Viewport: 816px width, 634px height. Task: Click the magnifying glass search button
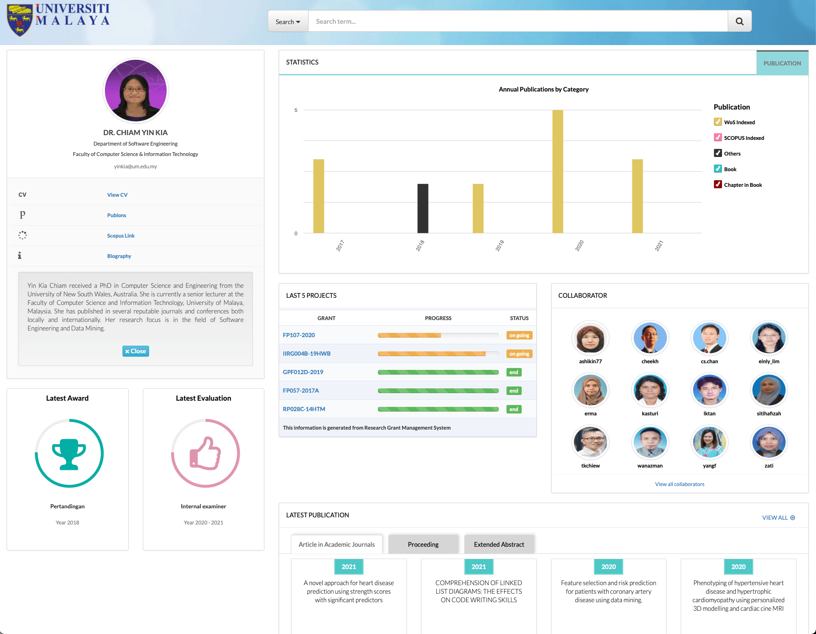click(x=739, y=21)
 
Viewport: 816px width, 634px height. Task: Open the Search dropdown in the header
click(x=288, y=22)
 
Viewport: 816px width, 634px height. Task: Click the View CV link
click(x=117, y=195)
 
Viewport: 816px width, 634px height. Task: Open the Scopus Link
click(x=121, y=236)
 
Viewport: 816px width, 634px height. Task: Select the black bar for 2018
click(x=422, y=208)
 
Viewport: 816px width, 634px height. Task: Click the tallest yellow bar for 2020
click(x=557, y=171)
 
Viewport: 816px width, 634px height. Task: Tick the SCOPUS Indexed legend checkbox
click(x=718, y=138)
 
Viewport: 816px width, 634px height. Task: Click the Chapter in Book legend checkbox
click(x=718, y=184)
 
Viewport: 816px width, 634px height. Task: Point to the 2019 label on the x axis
click(x=499, y=246)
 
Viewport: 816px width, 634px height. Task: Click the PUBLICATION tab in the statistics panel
click(x=782, y=63)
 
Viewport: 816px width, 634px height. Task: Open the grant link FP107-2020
click(x=299, y=335)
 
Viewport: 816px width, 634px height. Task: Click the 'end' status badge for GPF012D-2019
click(x=514, y=372)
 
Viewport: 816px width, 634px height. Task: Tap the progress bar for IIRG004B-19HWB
click(x=438, y=354)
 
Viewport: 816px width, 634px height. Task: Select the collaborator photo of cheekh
click(x=650, y=338)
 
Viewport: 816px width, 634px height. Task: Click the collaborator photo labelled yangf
click(x=709, y=442)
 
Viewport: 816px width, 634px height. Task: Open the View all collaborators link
click(x=679, y=484)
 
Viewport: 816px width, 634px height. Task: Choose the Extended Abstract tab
click(x=499, y=544)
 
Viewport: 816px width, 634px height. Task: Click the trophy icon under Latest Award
click(x=69, y=453)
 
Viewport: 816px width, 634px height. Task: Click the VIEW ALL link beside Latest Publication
click(x=778, y=518)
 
